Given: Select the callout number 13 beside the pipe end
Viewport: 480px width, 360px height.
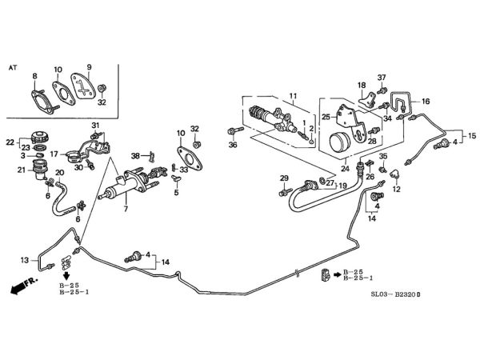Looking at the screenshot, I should pos(24,260).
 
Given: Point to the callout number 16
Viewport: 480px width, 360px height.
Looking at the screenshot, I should pos(426,102).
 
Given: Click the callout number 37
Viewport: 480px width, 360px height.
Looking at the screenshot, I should pos(382,78).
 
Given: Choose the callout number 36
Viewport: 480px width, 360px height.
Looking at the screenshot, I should pos(233,145).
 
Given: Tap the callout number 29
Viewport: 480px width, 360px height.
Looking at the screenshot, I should pos(283,178).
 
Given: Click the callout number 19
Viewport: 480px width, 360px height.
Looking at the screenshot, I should pos(342,186).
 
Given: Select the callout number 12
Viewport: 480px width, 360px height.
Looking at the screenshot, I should pos(396,190).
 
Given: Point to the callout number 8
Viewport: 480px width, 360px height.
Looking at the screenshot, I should pos(34,76).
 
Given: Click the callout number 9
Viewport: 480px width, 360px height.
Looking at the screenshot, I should pos(90,66).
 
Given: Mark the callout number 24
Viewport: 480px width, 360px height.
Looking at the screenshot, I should pos(346,170).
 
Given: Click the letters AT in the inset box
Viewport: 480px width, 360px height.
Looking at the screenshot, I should pos(13,70).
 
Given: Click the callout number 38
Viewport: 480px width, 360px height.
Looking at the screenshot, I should pos(136,155).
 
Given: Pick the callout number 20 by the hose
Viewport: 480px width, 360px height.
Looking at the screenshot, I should pos(60,173).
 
